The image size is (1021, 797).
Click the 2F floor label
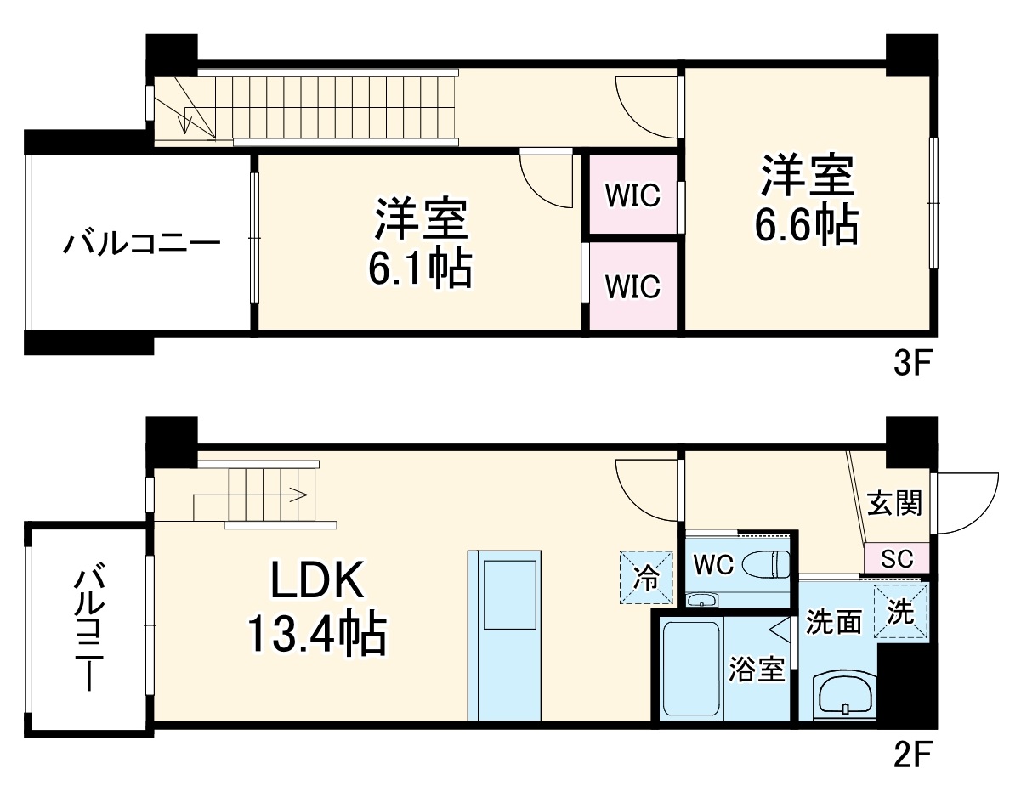point(913,755)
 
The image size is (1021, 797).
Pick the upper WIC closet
point(632,195)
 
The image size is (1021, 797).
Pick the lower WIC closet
point(632,286)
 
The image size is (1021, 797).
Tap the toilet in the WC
point(766,564)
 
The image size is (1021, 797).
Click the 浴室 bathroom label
point(756,670)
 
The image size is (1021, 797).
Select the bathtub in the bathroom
point(691,669)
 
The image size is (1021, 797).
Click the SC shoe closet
point(897,559)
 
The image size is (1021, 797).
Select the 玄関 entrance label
point(895,504)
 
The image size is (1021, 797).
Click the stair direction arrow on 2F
point(298,492)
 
